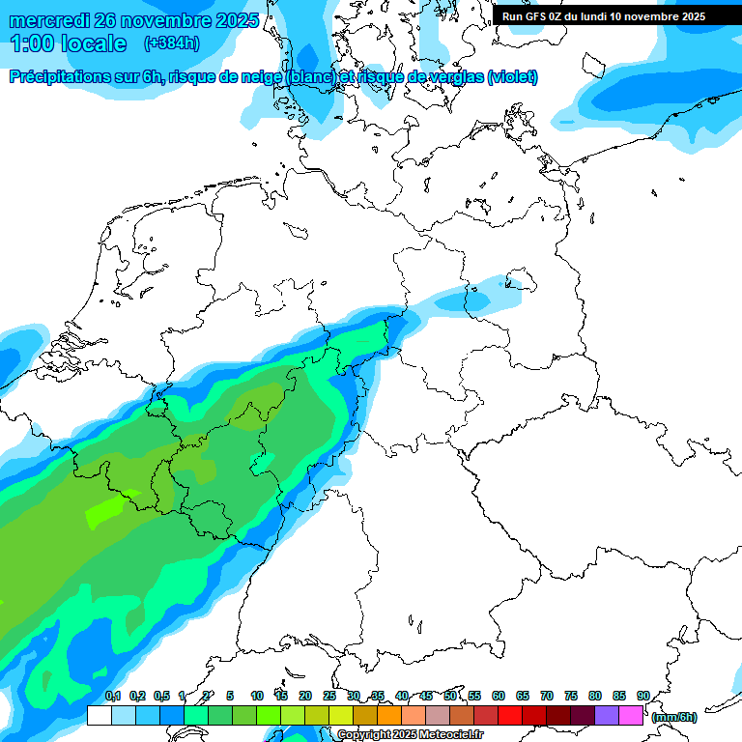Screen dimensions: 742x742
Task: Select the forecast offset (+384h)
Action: pyautogui.click(x=171, y=43)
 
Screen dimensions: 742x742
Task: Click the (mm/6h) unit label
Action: pyautogui.click(x=673, y=717)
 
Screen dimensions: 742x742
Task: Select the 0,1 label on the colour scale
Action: pyautogui.click(x=112, y=696)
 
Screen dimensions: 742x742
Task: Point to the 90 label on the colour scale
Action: pyautogui.click(x=642, y=696)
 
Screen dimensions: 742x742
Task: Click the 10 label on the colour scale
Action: pyautogui.click(x=257, y=696)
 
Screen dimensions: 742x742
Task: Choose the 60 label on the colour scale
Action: pyautogui.click(x=499, y=696)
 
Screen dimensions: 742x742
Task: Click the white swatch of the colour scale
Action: pyautogui.click(x=99, y=715)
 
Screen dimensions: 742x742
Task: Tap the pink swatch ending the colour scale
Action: pyautogui.click(x=631, y=715)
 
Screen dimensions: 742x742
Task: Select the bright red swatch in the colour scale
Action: pyautogui.click(x=510, y=715)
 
